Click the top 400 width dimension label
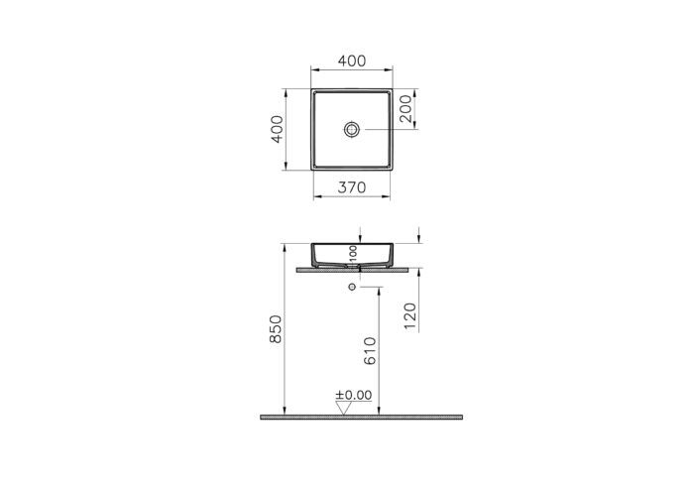(x=352, y=61)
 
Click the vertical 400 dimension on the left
(x=279, y=129)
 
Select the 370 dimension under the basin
(x=352, y=185)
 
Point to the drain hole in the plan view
(x=352, y=129)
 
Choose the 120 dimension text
(x=411, y=315)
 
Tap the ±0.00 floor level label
(x=353, y=395)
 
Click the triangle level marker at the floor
(x=343, y=408)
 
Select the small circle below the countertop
(x=352, y=287)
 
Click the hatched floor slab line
(x=362, y=418)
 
